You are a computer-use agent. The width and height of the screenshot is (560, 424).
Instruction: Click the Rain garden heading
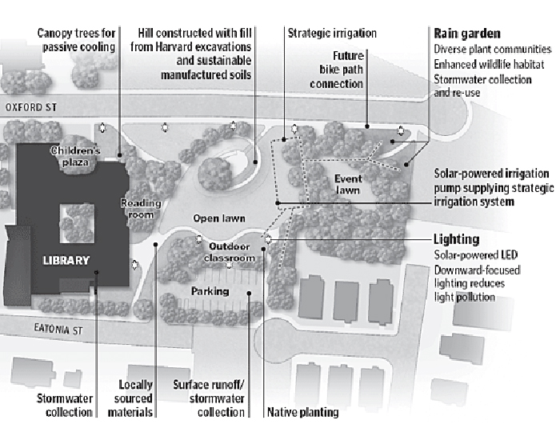click(467, 34)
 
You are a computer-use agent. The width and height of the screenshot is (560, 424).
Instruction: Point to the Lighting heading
click(456, 239)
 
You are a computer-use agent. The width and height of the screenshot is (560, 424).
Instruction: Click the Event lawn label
click(349, 184)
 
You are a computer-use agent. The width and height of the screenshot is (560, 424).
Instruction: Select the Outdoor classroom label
click(230, 252)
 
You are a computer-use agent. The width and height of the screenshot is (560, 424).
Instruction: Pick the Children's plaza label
click(74, 155)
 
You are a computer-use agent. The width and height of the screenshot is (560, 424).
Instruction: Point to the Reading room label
click(141, 208)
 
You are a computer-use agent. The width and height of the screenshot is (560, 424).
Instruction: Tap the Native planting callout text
click(302, 412)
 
